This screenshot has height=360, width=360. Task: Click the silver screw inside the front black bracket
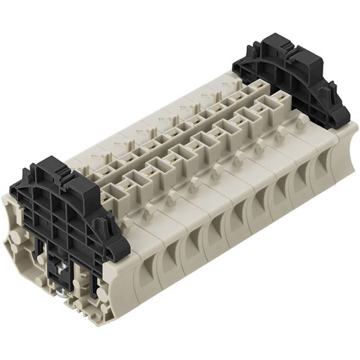(60, 265)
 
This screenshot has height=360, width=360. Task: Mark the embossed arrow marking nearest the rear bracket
(226, 85)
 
